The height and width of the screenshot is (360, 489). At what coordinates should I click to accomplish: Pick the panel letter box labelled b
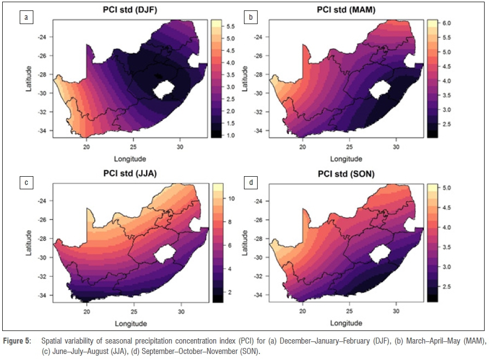251,18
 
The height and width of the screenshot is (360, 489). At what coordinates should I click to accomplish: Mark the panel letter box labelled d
251,182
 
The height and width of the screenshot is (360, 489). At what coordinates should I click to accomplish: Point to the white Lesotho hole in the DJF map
164,89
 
